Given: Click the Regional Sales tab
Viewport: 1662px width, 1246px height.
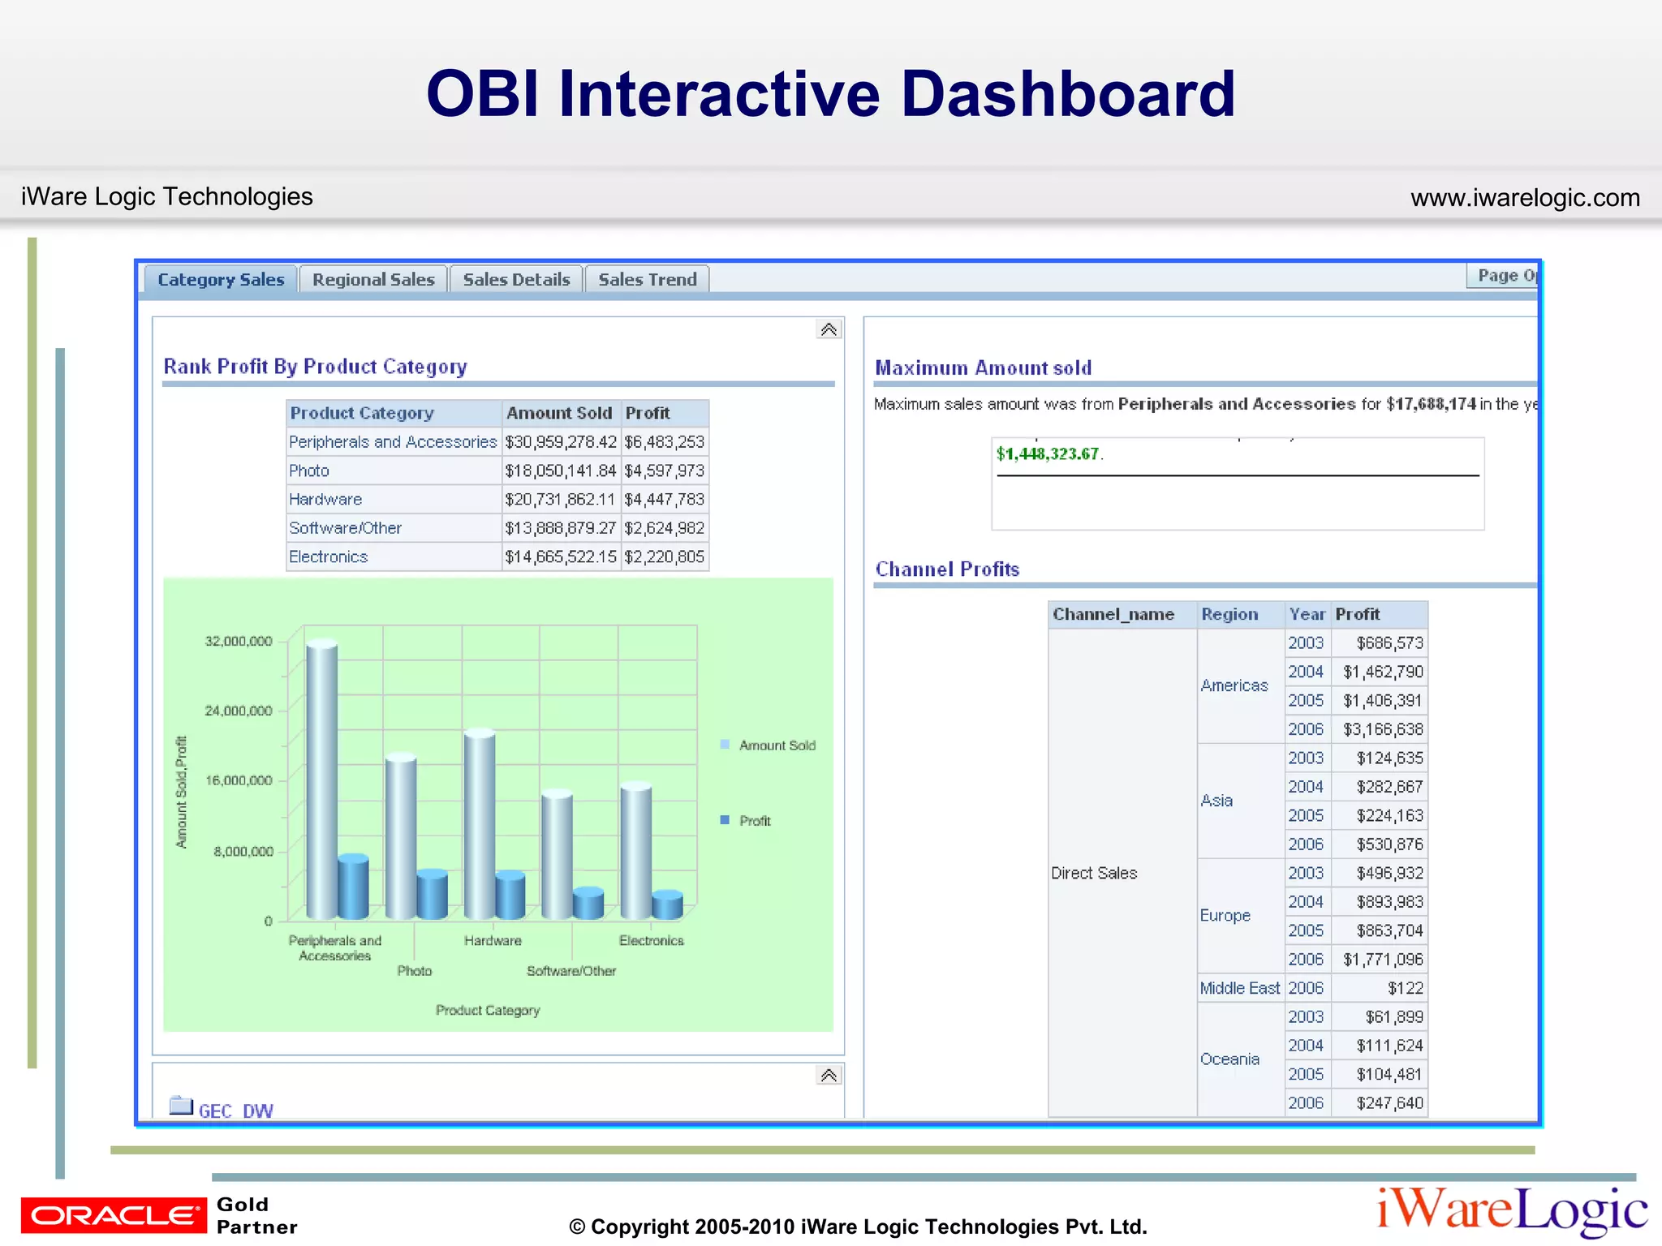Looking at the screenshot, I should (x=373, y=280).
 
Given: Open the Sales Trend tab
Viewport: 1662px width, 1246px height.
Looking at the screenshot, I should (x=647, y=280).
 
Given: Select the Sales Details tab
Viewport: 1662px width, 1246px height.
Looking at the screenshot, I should (x=516, y=280).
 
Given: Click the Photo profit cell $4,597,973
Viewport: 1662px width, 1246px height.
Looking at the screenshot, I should (x=664, y=470).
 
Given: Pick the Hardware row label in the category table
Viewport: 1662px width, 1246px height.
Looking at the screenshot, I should (x=325, y=500).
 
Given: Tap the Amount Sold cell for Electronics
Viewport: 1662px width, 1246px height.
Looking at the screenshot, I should (x=560, y=557).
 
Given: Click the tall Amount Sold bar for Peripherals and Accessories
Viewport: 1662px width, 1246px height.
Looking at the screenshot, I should (x=321, y=779).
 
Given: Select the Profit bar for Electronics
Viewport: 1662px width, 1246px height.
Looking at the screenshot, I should (x=667, y=904).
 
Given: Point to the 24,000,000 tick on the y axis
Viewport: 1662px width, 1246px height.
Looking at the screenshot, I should (x=239, y=711).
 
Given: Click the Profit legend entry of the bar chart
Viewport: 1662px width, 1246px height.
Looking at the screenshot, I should (x=754, y=821).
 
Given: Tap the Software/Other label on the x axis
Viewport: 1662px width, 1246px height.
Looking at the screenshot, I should (x=571, y=971).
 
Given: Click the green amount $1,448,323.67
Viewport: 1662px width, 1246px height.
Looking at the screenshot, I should (x=1047, y=454).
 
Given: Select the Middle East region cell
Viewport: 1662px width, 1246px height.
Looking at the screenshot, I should (x=1239, y=988).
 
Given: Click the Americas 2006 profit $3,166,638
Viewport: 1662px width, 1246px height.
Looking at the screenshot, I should (x=1383, y=729).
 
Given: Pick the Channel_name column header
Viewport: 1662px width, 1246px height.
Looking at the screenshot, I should (x=1113, y=614).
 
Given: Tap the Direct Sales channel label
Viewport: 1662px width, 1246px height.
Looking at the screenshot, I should (x=1094, y=873).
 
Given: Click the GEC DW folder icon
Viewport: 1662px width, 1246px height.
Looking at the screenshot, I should (x=181, y=1106).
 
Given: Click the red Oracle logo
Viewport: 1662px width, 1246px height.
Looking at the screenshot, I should (x=114, y=1214).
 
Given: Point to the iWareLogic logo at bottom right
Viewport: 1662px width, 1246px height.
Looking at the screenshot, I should (x=1511, y=1211).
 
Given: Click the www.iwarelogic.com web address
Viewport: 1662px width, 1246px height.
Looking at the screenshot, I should (x=1525, y=198).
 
